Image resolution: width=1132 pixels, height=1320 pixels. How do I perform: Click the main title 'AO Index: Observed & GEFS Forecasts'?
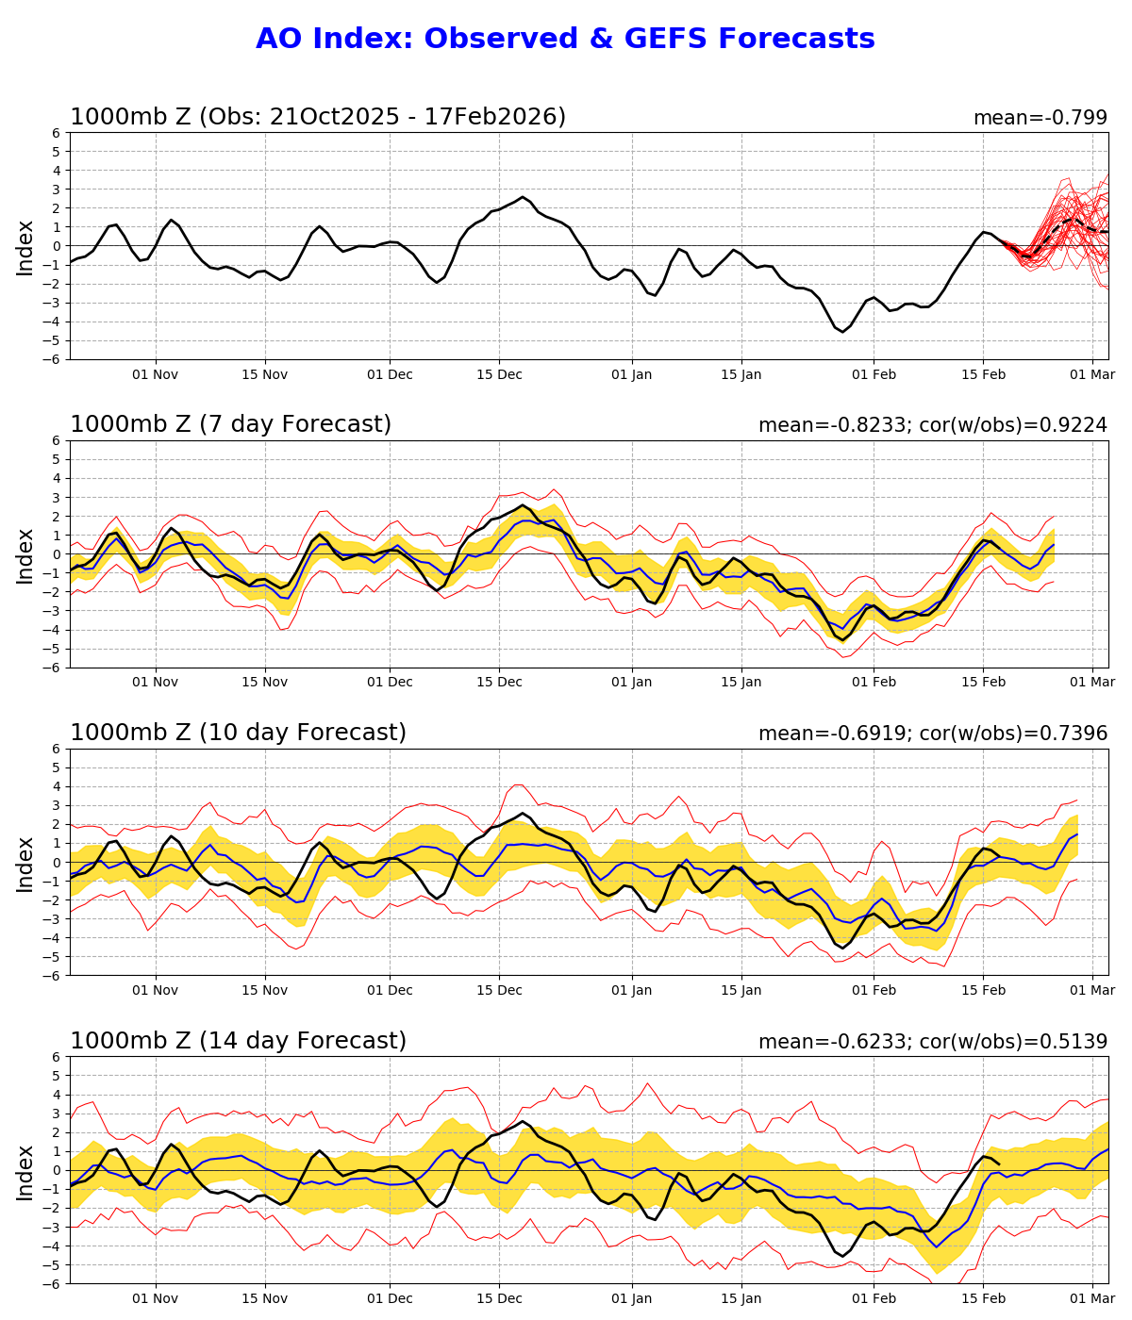[565, 39]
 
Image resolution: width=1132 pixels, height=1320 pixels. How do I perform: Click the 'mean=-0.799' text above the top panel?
[1040, 118]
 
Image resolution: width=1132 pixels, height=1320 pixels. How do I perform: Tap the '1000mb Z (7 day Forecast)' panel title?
[230, 424]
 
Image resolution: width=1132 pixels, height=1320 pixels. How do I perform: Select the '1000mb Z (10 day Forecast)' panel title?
[238, 733]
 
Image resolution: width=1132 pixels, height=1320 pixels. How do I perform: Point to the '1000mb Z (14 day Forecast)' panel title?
[238, 1041]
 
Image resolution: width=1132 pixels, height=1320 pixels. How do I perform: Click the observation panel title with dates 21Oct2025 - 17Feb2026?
[318, 117]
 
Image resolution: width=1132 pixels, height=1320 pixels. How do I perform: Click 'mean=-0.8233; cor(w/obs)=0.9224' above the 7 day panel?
[932, 425]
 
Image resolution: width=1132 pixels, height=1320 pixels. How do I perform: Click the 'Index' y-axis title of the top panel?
[25, 247]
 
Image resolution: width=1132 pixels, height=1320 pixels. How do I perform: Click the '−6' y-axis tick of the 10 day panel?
[52, 975]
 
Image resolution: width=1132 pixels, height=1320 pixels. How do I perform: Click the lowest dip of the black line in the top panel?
[842, 332]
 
